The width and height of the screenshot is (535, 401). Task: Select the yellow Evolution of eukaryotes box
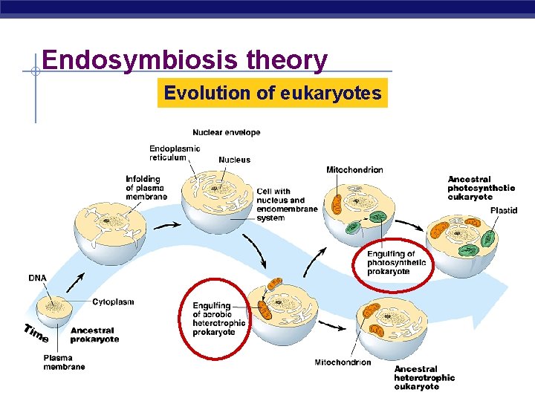(272, 94)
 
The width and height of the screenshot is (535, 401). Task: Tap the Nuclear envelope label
(227, 132)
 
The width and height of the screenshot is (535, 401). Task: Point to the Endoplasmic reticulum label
(175, 152)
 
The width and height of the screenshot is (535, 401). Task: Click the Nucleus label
(234, 160)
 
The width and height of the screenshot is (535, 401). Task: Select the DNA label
(37, 278)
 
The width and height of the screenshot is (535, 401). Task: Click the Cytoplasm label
(113, 301)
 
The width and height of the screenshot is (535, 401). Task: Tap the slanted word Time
(36, 333)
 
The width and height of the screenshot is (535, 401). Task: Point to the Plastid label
(504, 210)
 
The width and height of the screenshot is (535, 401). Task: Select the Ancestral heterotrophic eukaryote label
(424, 377)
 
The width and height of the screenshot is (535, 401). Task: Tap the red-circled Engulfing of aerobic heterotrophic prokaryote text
(218, 319)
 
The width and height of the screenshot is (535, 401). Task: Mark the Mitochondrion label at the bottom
(343, 362)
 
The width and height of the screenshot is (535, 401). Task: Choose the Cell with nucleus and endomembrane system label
(287, 204)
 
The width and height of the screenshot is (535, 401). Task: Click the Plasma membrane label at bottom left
(64, 362)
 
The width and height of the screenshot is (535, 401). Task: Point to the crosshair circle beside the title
(35, 72)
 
